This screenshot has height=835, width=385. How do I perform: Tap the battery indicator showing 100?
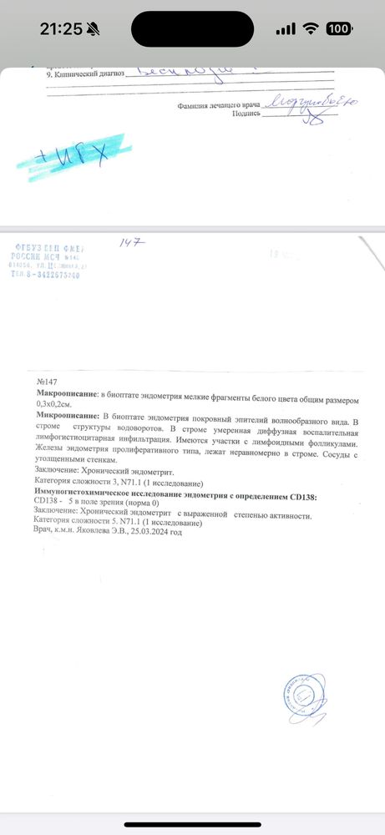click(339, 28)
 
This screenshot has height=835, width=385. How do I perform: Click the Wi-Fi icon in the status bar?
click(311, 28)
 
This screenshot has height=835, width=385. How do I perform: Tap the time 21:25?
click(62, 28)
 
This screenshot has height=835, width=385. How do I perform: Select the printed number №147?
click(45, 381)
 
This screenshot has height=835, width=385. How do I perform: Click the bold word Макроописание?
click(67, 392)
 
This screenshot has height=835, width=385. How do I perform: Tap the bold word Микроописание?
click(67, 415)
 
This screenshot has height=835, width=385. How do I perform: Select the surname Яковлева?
click(103, 532)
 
